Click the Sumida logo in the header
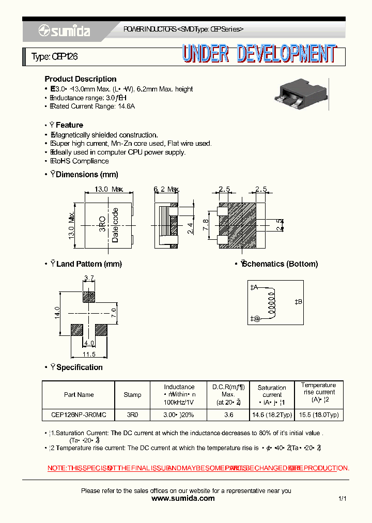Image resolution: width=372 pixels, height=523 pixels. (64, 32)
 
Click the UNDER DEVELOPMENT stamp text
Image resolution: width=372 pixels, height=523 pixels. (259, 54)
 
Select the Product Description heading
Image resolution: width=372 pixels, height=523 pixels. (81, 79)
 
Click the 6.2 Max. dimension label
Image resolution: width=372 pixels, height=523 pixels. (166, 190)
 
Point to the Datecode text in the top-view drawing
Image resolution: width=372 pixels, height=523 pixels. (115, 225)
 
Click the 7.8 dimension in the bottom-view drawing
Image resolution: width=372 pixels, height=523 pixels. (206, 225)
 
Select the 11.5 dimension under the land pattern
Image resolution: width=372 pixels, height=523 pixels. (89, 355)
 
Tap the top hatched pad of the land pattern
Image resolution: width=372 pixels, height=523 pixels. (89, 297)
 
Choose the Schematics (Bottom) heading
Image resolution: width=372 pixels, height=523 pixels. (280, 264)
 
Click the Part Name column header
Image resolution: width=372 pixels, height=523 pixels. (79, 395)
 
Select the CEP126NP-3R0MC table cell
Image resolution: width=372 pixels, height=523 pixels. (79, 415)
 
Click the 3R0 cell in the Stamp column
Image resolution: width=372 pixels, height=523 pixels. (132, 415)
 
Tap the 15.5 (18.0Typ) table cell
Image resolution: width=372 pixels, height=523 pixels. (318, 415)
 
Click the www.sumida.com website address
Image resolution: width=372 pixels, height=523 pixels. (183, 499)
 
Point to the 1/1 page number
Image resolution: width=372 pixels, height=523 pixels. (342, 499)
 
